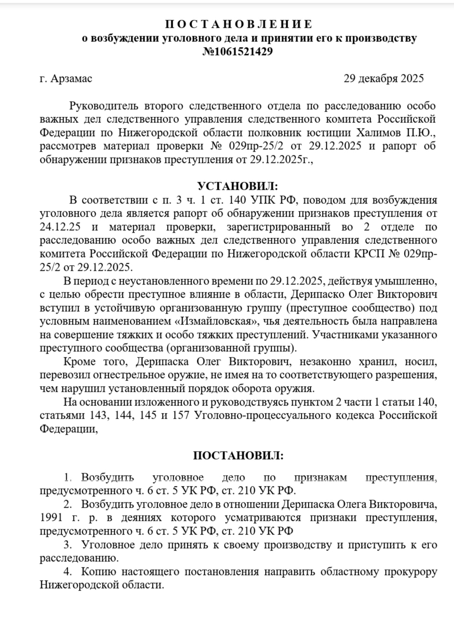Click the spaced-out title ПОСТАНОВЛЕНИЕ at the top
pyautogui.click(x=239, y=24)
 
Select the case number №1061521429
pyautogui.click(x=237, y=52)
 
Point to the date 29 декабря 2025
pyautogui.click(x=384, y=78)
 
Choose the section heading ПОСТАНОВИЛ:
pyautogui.click(x=238, y=455)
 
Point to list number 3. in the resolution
pyautogui.click(x=68, y=545)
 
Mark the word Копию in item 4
pyautogui.click(x=97, y=572)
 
